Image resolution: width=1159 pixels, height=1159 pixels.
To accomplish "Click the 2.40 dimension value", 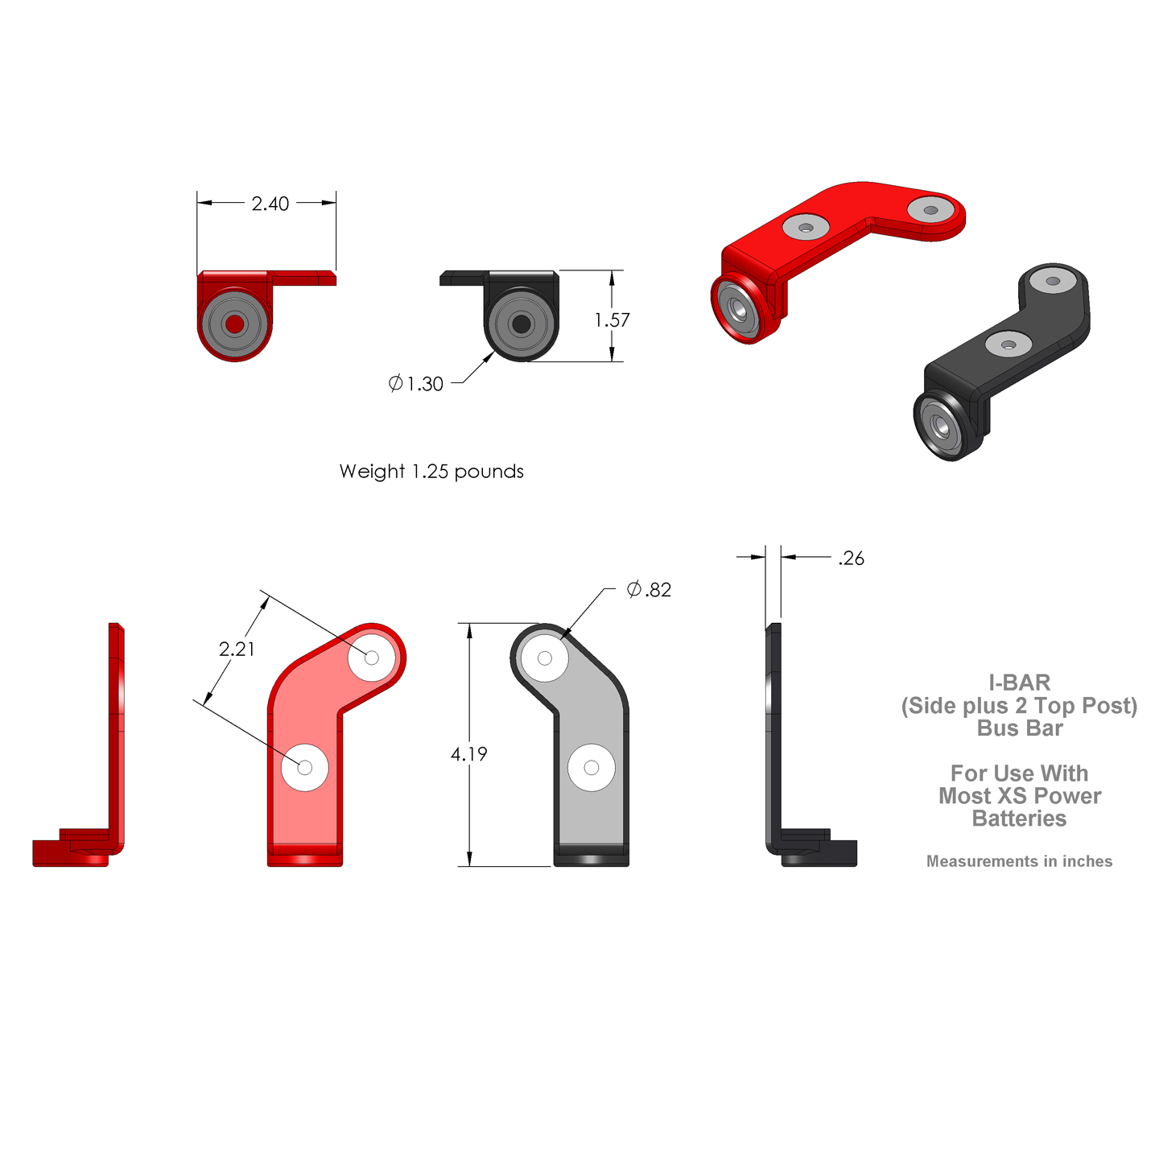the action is pyautogui.click(x=270, y=204).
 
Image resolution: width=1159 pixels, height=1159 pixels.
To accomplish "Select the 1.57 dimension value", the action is pyautogui.click(x=612, y=320).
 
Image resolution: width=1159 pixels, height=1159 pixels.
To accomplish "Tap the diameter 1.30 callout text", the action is pyautogui.click(x=416, y=384).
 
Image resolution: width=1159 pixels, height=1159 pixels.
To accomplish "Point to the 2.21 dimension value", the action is pyautogui.click(x=237, y=649).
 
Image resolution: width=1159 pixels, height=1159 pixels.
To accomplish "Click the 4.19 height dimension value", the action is pyautogui.click(x=468, y=754).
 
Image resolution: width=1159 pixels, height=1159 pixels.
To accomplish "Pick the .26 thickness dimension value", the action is pyautogui.click(x=852, y=559).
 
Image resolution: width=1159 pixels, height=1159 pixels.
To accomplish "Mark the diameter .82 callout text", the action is pyautogui.click(x=649, y=589).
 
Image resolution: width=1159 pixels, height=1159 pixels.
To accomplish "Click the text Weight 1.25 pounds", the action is pyautogui.click(x=431, y=472).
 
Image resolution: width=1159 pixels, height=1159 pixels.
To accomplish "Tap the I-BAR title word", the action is pyautogui.click(x=1020, y=683).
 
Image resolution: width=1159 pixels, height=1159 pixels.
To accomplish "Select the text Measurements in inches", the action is pyautogui.click(x=1019, y=861).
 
